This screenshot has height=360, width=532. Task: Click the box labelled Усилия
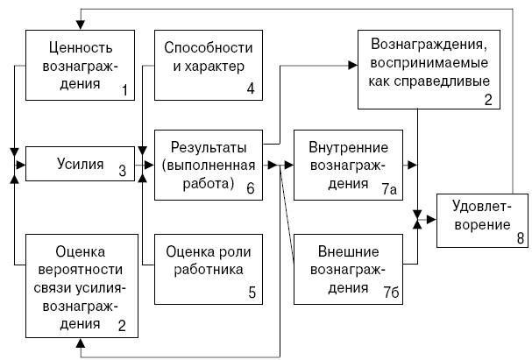coord(80,163)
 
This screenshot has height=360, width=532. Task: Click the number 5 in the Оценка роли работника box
coord(252,293)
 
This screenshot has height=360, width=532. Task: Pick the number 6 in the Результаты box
coord(250,186)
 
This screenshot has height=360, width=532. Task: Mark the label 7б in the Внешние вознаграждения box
coord(390,287)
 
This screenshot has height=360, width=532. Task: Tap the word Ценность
coord(79,46)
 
